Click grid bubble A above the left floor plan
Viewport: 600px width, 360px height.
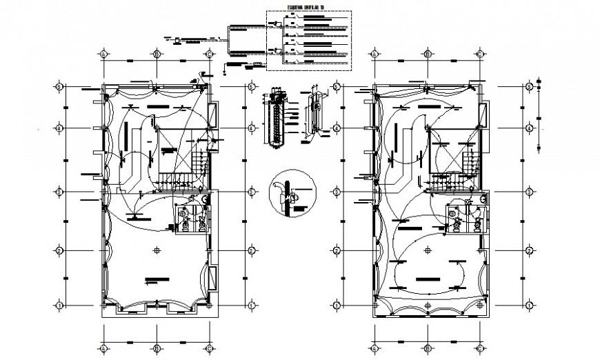(x=103, y=53)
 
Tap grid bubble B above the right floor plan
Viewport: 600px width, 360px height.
(x=428, y=53)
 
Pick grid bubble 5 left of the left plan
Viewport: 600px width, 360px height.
(x=60, y=87)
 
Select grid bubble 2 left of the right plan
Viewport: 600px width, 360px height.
(x=336, y=250)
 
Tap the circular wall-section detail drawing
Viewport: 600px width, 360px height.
(x=289, y=193)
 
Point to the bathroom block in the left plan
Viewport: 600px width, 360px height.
(x=192, y=218)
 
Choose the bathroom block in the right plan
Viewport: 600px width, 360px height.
(x=466, y=217)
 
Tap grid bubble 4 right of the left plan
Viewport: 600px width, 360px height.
(x=252, y=128)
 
